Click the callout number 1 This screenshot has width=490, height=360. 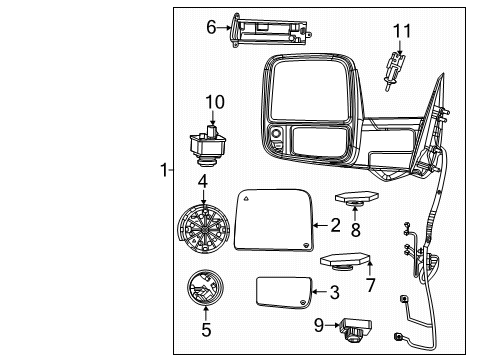164,170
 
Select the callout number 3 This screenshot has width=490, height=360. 335,292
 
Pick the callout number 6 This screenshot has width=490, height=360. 211,28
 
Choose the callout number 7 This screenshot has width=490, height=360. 371,285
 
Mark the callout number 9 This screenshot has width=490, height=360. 317,325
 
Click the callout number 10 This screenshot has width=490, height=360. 215,102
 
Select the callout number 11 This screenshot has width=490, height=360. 400,31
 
